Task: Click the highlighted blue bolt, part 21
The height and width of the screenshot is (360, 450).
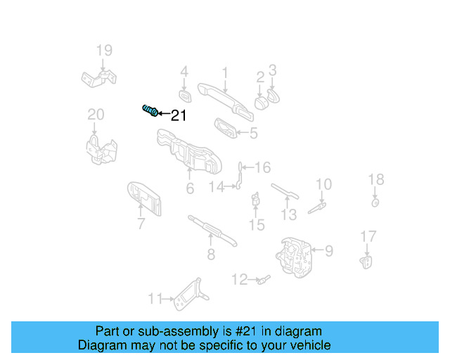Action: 150,111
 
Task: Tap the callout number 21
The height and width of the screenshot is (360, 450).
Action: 179,115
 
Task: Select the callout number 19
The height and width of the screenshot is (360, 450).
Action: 104,51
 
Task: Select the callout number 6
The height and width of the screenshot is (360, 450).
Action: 190,188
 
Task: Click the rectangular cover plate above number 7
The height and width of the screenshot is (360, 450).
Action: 144,199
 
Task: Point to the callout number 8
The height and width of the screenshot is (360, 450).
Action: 210,255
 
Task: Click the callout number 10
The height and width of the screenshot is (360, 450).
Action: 323,185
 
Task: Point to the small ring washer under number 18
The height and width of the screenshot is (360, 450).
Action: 375,203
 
